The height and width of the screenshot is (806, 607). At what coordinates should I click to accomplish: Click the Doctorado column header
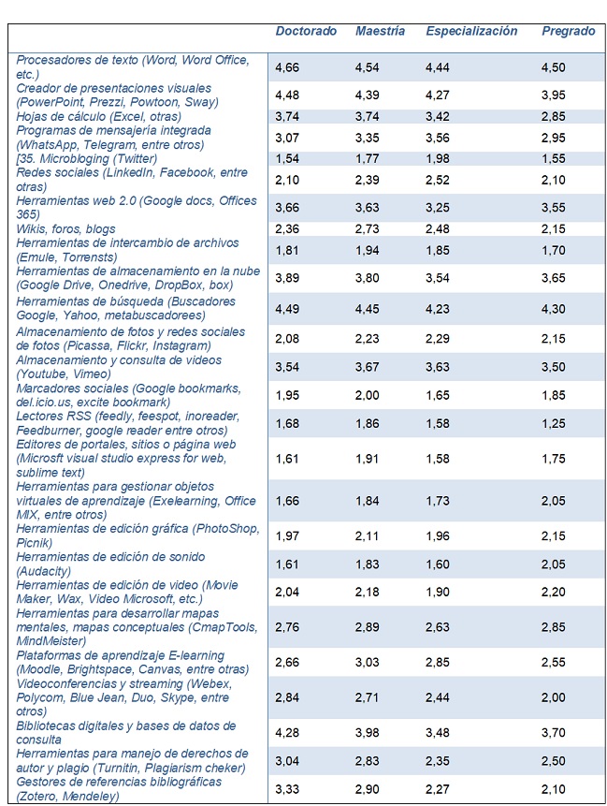[x=306, y=31]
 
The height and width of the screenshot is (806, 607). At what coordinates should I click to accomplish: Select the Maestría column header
[x=380, y=31]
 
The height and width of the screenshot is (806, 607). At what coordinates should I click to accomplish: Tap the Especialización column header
[x=470, y=31]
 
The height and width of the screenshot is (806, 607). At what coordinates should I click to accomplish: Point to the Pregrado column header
[x=568, y=31]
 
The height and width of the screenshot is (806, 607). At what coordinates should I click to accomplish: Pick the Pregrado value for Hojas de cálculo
[x=554, y=117]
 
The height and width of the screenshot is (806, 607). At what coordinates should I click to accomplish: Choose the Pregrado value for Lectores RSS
[x=554, y=423]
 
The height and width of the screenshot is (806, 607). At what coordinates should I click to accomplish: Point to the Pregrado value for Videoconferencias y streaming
[x=554, y=698]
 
